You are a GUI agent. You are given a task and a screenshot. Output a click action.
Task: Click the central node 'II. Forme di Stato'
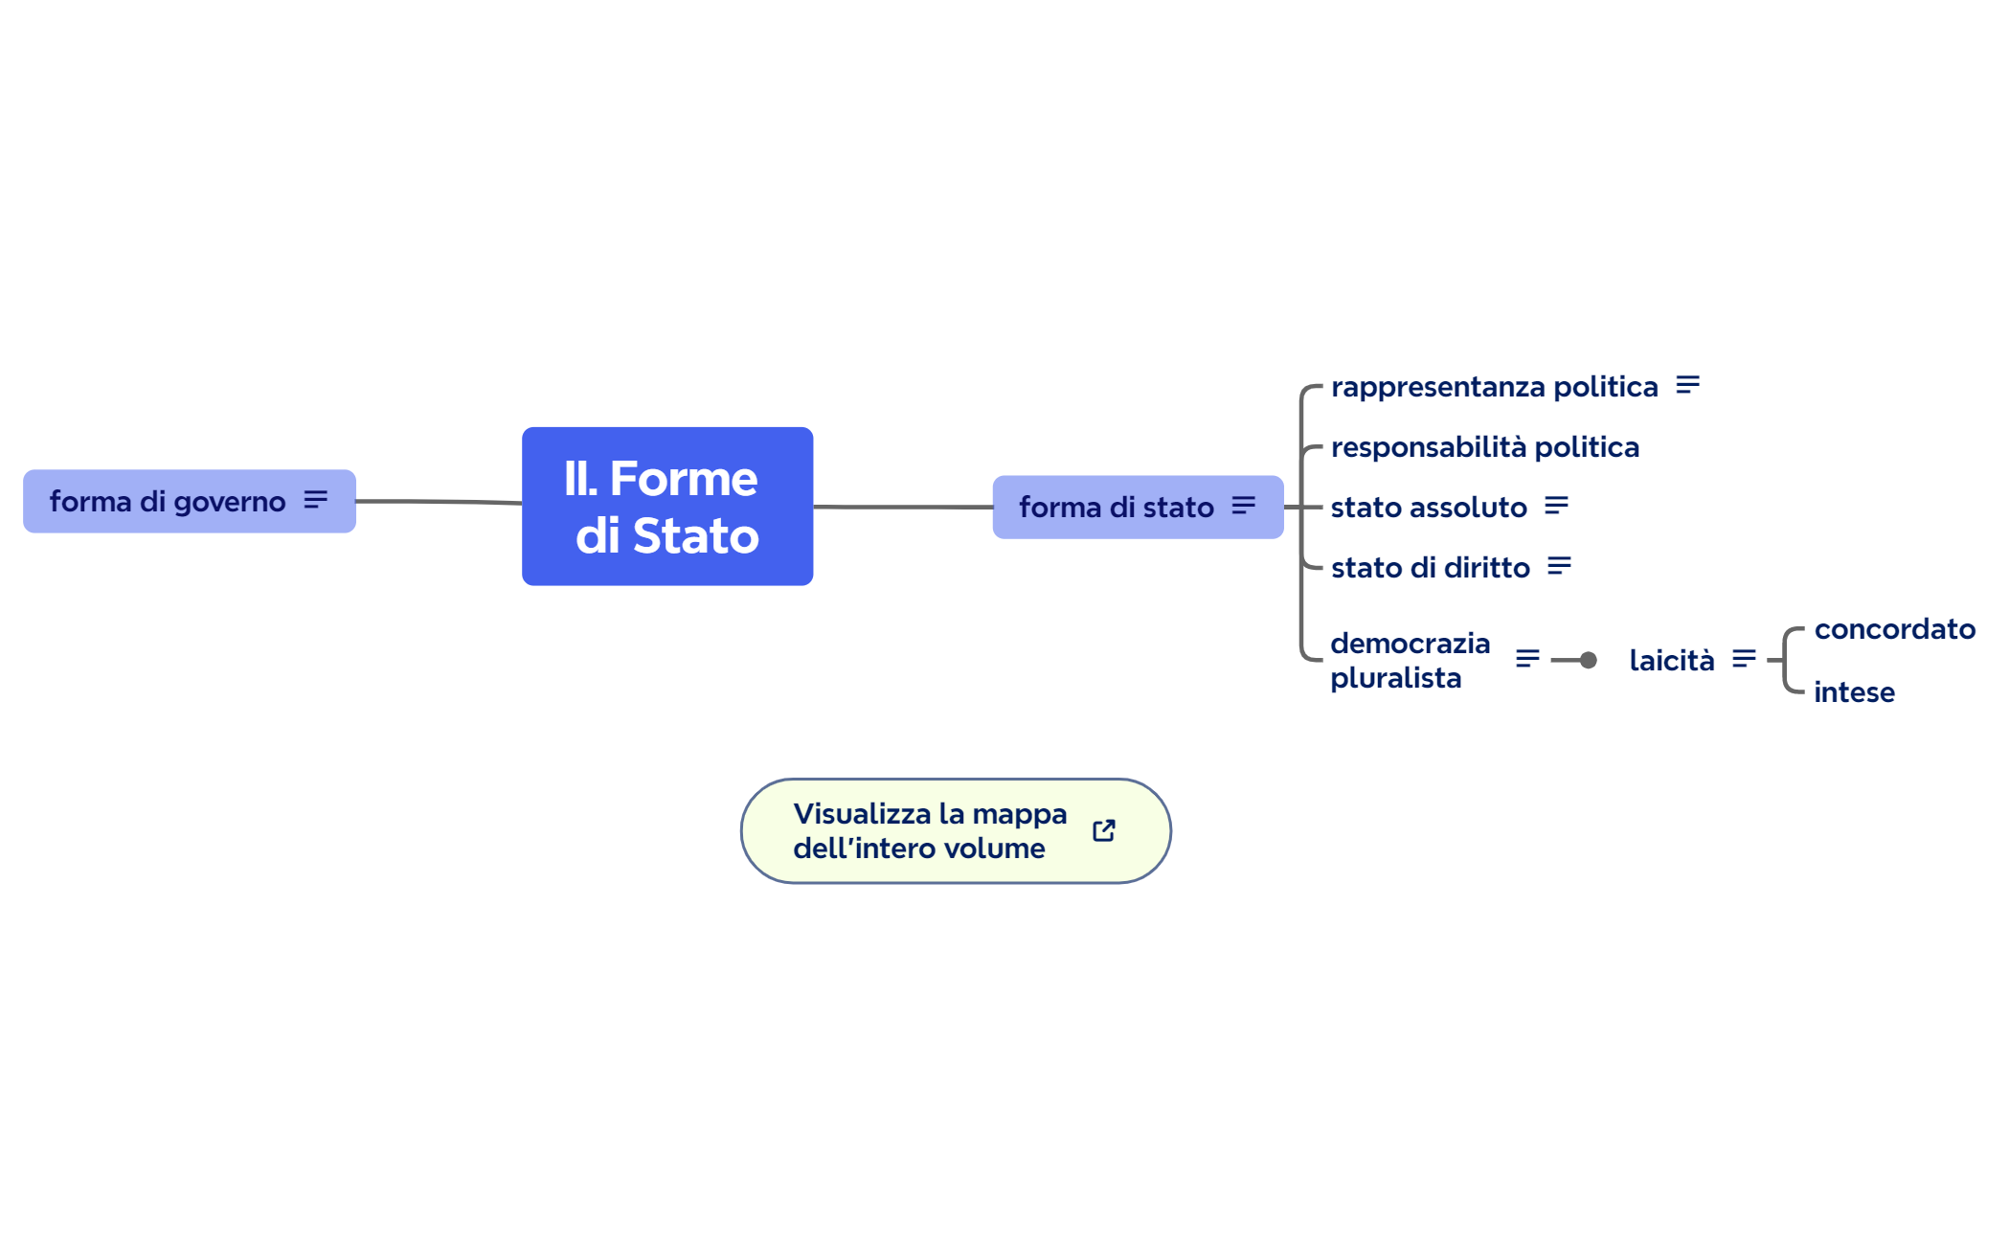[667, 506]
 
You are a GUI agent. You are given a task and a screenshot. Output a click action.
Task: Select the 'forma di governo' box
[168, 501]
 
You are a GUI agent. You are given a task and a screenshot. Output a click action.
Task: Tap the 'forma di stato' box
[1116, 507]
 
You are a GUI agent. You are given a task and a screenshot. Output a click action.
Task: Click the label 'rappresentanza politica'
[1494, 387]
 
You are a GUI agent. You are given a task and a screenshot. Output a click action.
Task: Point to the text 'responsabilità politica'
[1484, 447]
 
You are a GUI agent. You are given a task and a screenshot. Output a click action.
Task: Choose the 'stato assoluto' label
[1429, 508]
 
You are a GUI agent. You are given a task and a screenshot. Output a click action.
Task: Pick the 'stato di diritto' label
[1430, 568]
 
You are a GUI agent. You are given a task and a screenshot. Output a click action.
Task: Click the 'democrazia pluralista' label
[1410, 660]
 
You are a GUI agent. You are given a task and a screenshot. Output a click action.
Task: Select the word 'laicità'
[1671, 660]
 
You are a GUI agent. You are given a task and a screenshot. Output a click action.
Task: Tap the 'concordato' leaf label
[1894, 629]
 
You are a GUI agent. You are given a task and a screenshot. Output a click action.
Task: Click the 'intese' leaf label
[1854, 692]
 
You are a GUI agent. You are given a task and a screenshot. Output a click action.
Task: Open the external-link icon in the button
[1104, 830]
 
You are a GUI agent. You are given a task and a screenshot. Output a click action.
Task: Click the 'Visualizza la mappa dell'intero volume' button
[929, 830]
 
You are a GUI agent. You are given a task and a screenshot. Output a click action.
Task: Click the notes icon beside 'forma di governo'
[316, 500]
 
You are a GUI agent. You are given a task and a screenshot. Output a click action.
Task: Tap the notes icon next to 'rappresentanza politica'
[1688, 385]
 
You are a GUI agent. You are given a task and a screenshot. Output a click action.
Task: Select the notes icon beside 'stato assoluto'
[1557, 506]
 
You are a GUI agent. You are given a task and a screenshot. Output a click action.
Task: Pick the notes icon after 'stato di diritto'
[1560, 566]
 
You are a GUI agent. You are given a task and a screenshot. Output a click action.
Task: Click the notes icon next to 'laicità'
[1745, 658]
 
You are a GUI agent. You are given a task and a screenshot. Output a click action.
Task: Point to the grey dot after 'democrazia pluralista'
[1589, 660]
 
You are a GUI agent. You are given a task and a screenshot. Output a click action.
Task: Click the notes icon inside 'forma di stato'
[1244, 506]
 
